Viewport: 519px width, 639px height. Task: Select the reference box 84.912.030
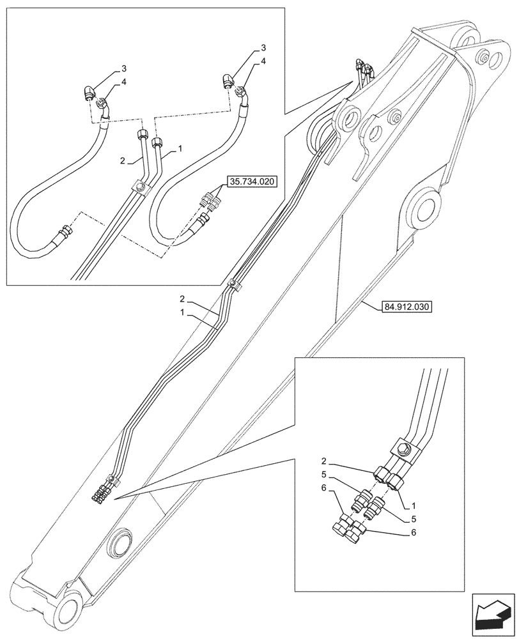(407, 307)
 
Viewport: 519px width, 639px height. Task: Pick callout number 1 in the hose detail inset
(182, 148)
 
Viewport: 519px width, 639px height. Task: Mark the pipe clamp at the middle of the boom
(235, 286)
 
